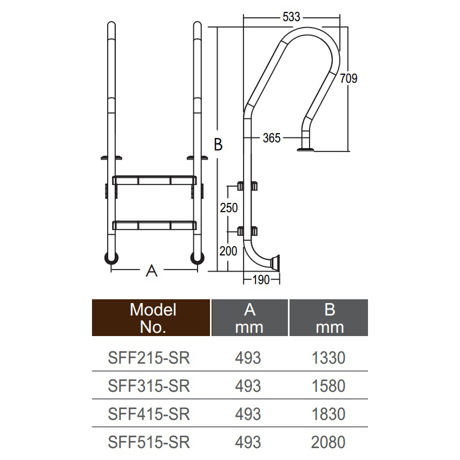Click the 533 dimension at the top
pyautogui.click(x=291, y=17)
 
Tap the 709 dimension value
pyautogui.click(x=349, y=78)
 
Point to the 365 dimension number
pyautogui.click(x=272, y=138)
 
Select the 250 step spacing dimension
pyautogui.click(x=229, y=208)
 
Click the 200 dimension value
pyautogui.click(x=228, y=251)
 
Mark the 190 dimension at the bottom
pyautogui.click(x=261, y=280)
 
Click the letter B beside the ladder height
pyautogui.click(x=218, y=144)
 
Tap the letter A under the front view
pyautogui.click(x=152, y=271)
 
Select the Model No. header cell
pyautogui.click(x=151, y=318)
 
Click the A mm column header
pyautogui.click(x=249, y=318)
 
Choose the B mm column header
pyautogui.click(x=329, y=318)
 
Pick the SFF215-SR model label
pyautogui.click(x=149, y=358)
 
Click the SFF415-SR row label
pyautogui.click(x=149, y=414)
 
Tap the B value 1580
pyautogui.click(x=328, y=386)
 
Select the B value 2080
pyautogui.click(x=328, y=442)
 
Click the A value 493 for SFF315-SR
pyautogui.click(x=248, y=386)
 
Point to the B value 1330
pyautogui.click(x=328, y=358)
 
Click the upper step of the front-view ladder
pyautogui.click(x=155, y=180)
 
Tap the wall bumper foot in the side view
pyautogui.click(x=275, y=262)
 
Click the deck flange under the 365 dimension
pyautogui.click(x=305, y=149)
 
